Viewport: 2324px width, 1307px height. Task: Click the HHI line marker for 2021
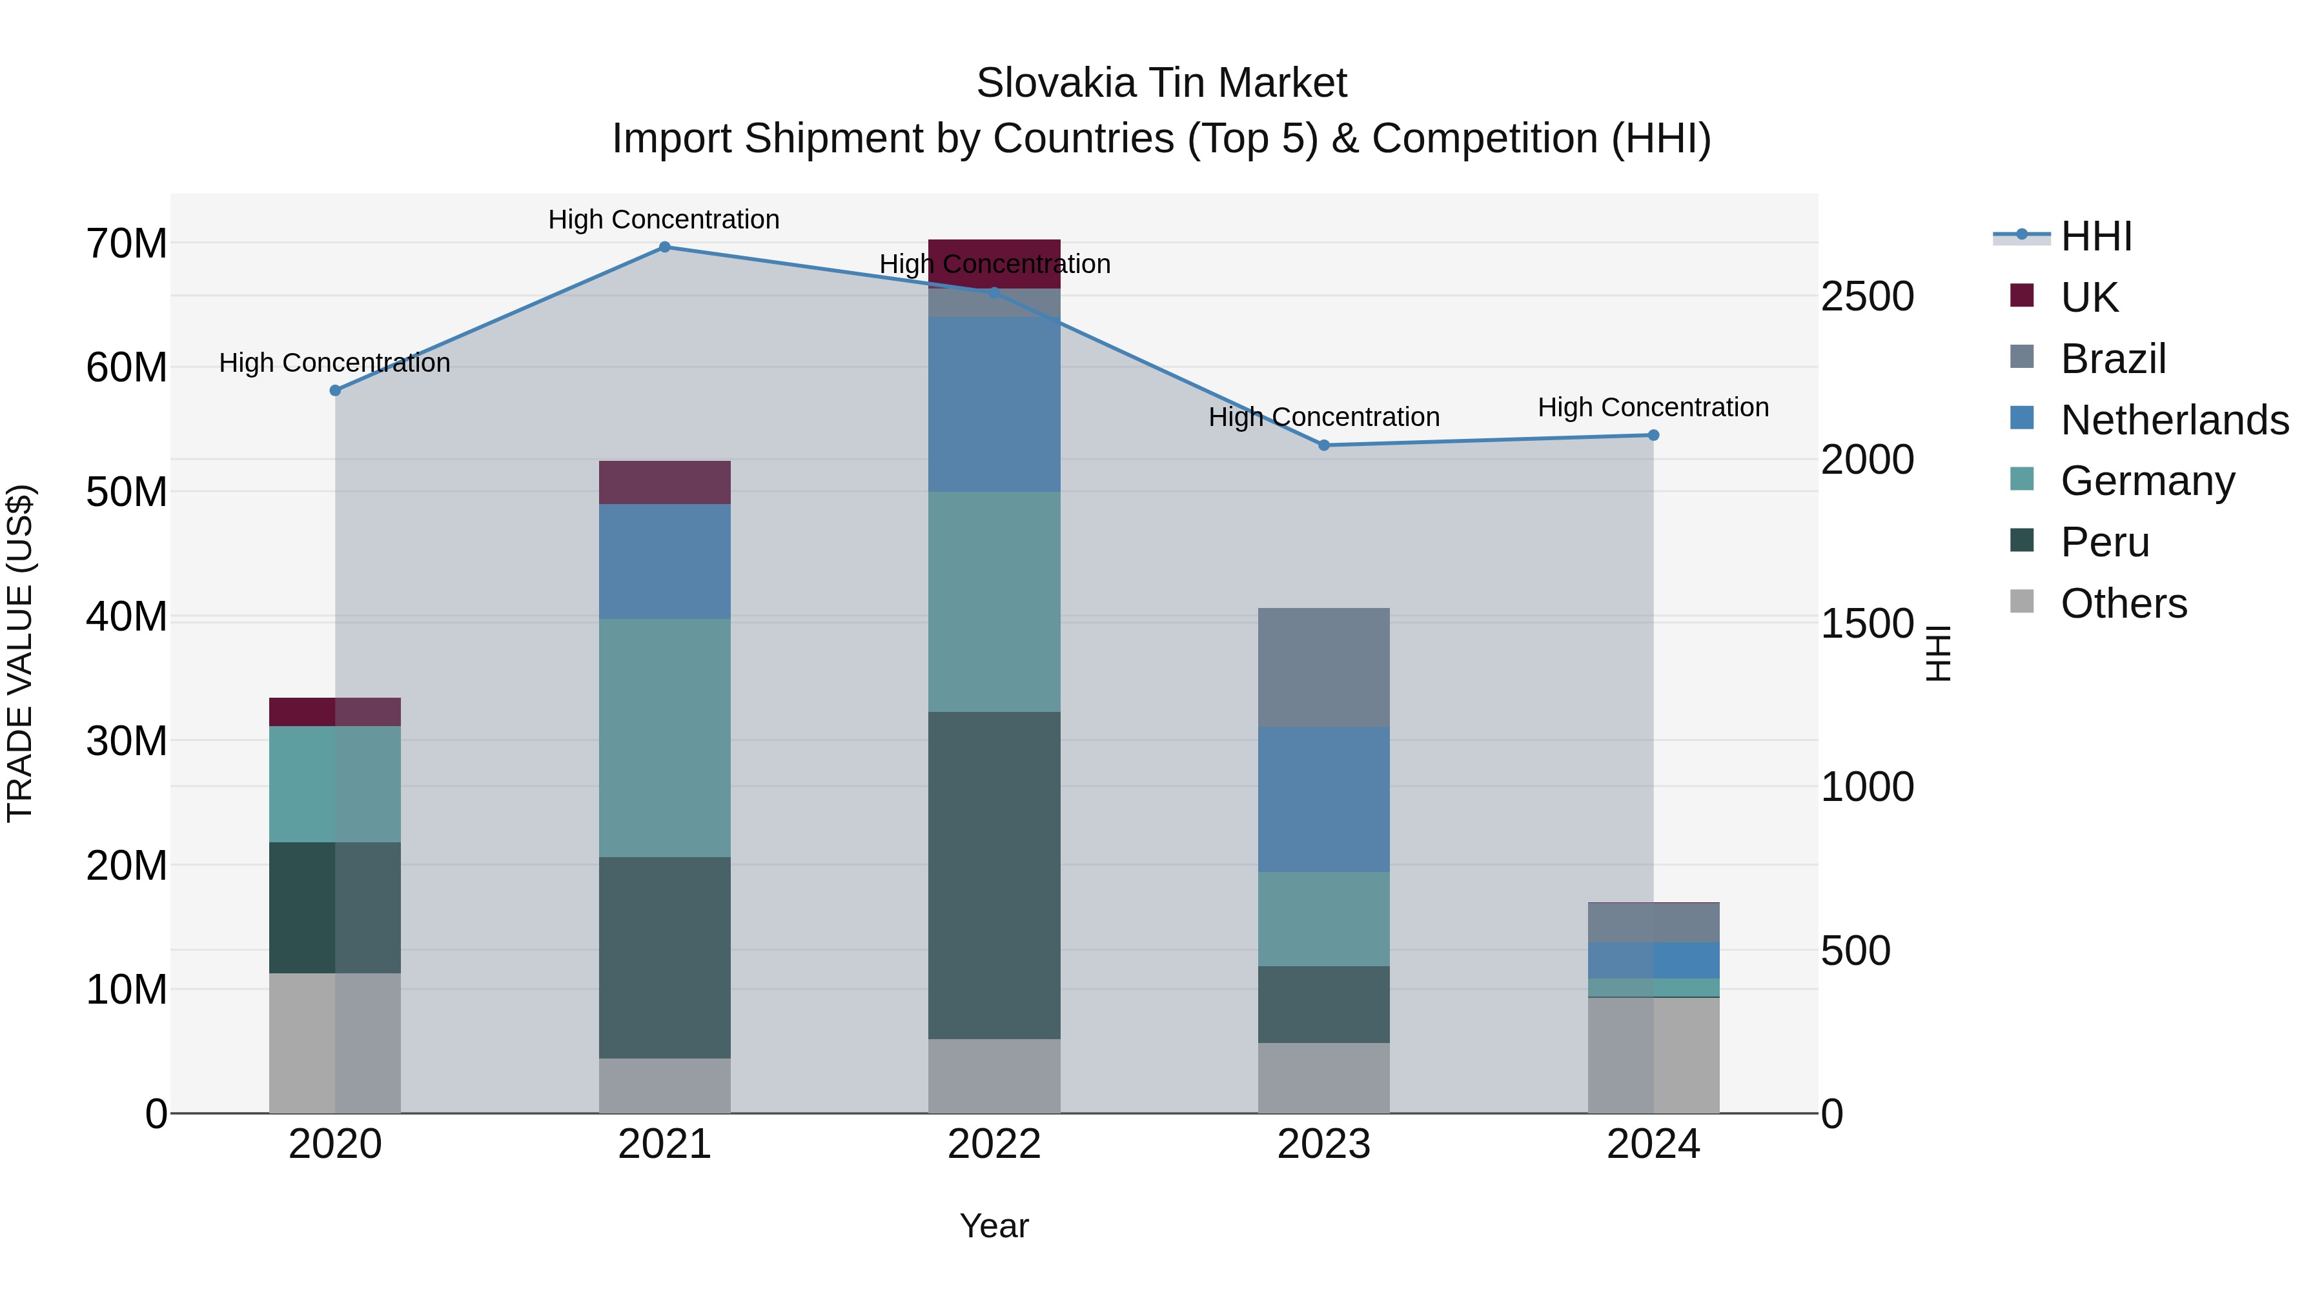[664, 247]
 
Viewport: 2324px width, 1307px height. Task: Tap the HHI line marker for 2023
[1323, 445]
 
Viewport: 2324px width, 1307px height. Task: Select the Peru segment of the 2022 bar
[994, 875]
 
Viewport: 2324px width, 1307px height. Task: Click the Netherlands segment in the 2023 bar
[1323, 799]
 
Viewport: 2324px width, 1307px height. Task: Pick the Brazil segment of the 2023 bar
[1323, 667]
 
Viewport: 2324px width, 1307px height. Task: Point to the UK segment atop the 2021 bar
[664, 483]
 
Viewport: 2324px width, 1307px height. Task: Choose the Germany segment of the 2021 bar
[664, 738]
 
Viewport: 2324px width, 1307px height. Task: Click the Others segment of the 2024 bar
[1653, 1055]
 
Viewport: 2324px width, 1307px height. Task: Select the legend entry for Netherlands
[2174, 420]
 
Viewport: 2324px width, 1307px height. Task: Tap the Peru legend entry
[2104, 542]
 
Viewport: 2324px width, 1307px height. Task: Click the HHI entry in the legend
[2095, 236]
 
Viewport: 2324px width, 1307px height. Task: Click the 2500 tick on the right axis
[1866, 297]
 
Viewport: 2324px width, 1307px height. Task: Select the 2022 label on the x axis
[994, 1144]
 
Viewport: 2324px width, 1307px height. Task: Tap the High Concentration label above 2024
[1653, 408]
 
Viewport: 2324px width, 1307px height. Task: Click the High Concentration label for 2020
[334, 363]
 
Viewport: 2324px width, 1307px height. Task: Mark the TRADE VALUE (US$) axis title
[20, 653]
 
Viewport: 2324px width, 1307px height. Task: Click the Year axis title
[994, 1226]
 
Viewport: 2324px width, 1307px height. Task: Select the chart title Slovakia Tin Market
[1161, 83]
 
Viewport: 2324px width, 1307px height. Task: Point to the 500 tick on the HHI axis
[1855, 951]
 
